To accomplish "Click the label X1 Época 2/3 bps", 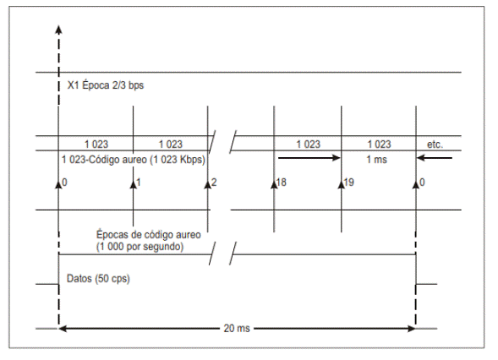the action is (106, 85).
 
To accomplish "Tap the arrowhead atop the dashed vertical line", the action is (58, 30).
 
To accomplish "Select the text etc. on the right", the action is (435, 145).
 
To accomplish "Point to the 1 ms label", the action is (377, 160).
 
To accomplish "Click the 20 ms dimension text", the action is (237, 328).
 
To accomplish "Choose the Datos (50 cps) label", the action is (98, 279).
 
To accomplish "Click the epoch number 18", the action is (281, 183).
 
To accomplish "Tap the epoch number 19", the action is (348, 183).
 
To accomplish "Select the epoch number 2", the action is (214, 183).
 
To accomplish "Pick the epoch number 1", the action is (139, 183).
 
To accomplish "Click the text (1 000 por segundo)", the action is (140, 247).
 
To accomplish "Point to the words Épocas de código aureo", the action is (148, 235).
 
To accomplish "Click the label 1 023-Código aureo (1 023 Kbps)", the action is (134, 160).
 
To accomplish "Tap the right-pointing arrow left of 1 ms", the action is (309, 158).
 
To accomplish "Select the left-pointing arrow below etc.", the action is (435, 158).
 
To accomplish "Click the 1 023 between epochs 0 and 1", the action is (96, 145).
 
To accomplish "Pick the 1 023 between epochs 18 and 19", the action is (308, 145).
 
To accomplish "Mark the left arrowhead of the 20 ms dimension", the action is (63, 329).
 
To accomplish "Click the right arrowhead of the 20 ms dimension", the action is (412, 329).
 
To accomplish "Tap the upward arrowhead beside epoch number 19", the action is (342, 184).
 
